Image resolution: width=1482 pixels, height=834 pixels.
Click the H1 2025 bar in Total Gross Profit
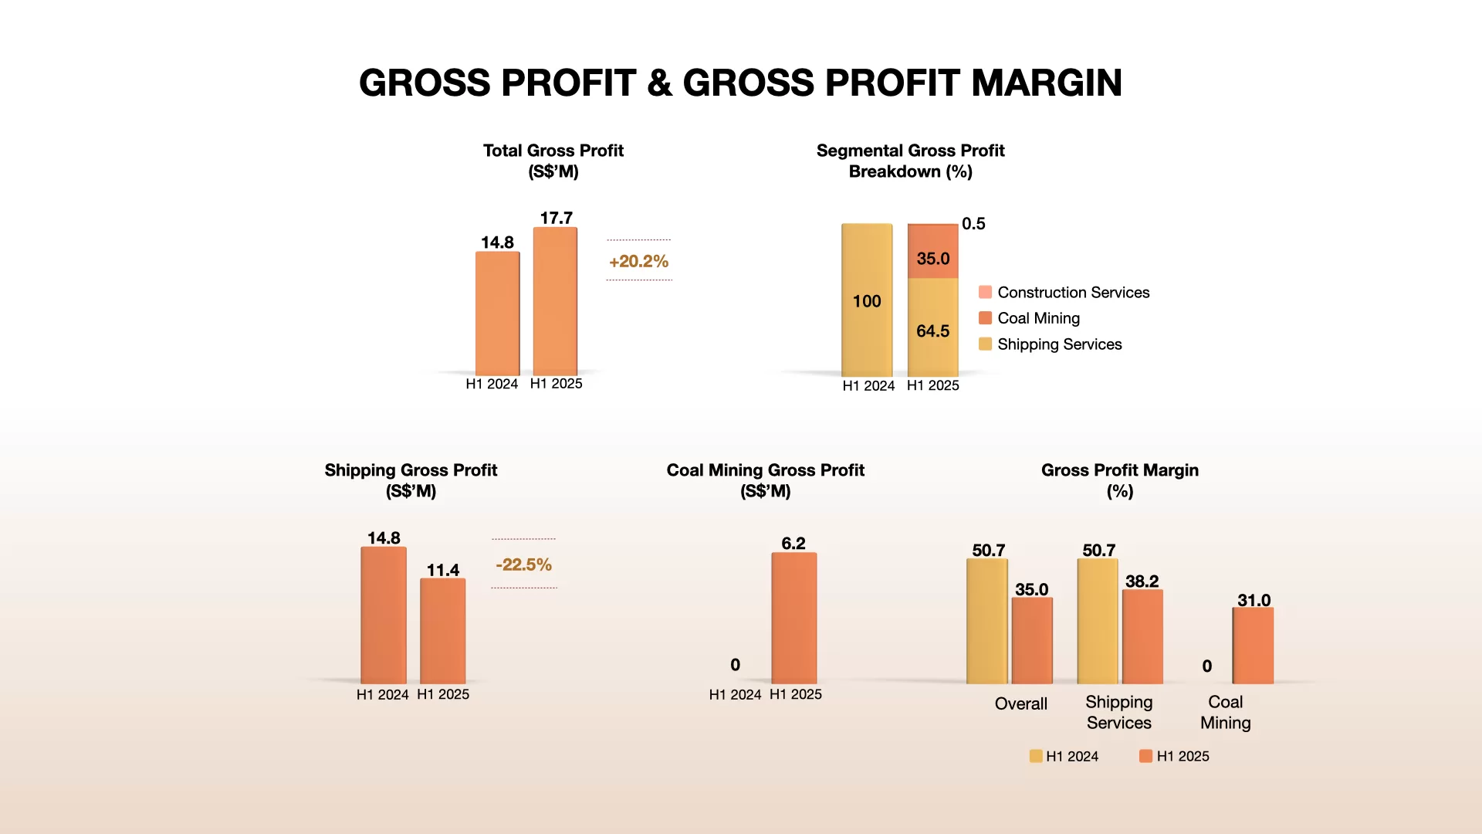tap(555, 301)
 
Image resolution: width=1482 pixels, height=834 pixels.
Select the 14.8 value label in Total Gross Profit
tap(497, 242)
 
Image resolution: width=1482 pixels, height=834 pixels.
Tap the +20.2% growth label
tap(638, 261)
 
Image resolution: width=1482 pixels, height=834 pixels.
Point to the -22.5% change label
tap(523, 564)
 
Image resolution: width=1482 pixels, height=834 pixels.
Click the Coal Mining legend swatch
tap(985, 318)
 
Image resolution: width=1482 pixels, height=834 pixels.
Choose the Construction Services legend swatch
tap(985, 292)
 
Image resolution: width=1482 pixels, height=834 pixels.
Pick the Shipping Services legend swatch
tap(985, 344)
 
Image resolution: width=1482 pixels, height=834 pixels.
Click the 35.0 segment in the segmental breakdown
tap(932, 252)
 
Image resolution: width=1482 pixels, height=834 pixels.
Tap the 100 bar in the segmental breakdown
tap(867, 300)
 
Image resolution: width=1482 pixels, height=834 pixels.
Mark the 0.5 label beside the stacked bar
tap(973, 223)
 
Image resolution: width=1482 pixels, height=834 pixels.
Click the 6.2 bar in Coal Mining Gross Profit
tap(793, 618)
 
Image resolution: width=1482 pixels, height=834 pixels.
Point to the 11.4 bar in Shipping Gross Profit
tap(442, 630)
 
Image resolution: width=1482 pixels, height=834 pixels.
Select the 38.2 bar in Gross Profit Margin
tap(1142, 637)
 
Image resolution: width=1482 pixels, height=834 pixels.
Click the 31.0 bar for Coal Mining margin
tap(1253, 646)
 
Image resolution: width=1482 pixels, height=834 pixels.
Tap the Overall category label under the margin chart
tap(1020, 703)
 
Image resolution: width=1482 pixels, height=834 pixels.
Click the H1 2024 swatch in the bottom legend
tap(1036, 756)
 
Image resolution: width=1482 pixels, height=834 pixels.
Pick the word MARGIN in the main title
tap(1047, 83)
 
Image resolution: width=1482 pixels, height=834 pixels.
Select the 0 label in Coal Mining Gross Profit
tap(735, 665)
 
